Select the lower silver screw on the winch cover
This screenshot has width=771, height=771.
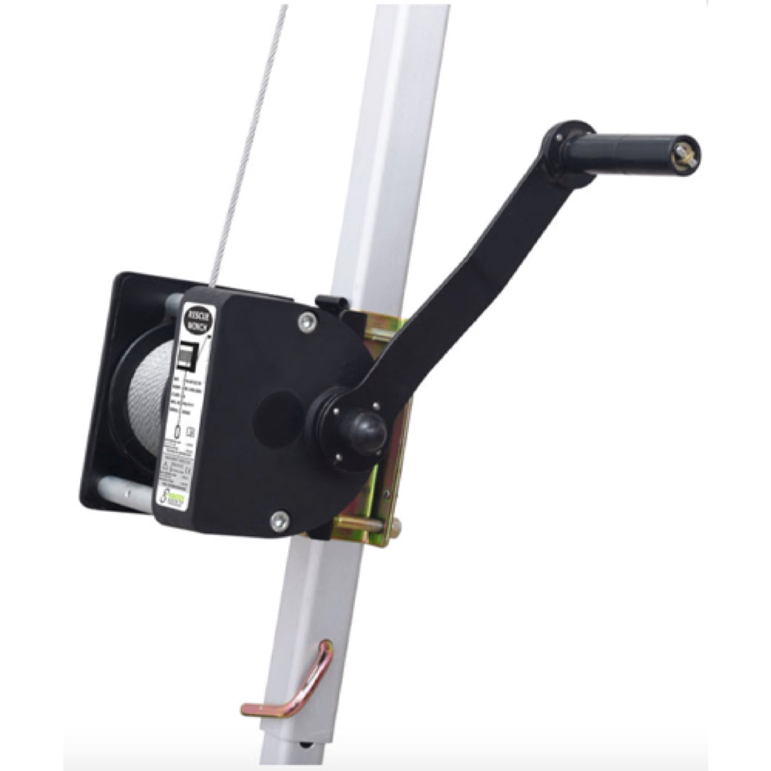pos(279,521)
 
